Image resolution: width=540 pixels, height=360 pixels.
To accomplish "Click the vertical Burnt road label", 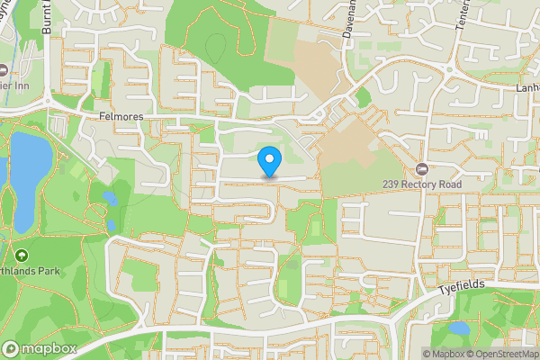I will coord(47,18).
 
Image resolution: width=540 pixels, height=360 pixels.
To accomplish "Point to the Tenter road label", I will coord(463,18).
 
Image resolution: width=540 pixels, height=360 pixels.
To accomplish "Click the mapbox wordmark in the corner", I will coord(43,348).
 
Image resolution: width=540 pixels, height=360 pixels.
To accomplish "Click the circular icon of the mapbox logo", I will coord(12,348).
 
